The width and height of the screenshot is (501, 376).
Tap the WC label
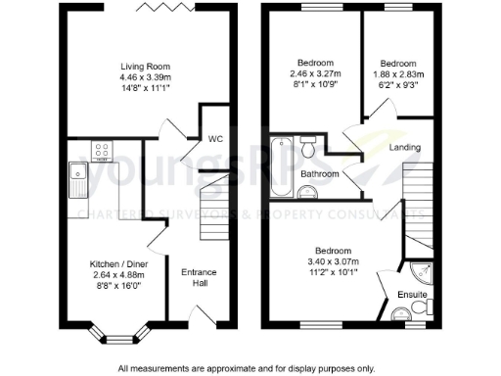[x=215, y=139]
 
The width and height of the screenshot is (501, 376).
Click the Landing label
[x=405, y=148]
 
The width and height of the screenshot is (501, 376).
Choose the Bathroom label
[x=320, y=174]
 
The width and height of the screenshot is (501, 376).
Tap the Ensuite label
[x=410, y=295]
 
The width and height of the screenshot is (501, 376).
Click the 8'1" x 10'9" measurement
[x=302, y=84]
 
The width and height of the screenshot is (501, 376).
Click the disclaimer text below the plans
[x=247, y=368]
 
